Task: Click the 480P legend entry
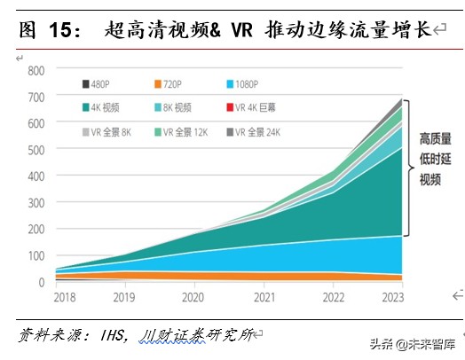[x=100, y=85]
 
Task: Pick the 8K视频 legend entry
[x=176, y=108]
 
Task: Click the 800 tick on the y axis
[x=35, y=70]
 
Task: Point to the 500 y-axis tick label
[x=35, y=150]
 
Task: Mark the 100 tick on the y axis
[x=35, y=256]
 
